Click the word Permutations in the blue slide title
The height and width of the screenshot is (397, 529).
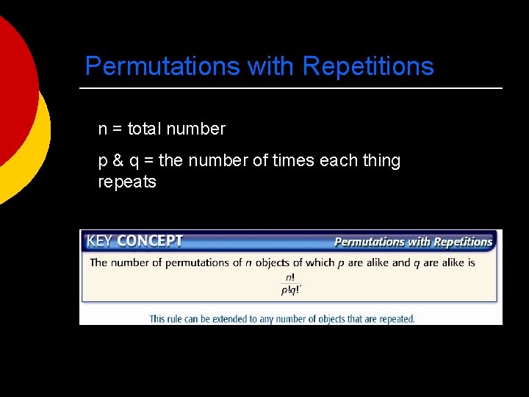tap(162, 67)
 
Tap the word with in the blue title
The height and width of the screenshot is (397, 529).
tap(271, 67)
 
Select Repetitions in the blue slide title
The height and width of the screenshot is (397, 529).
tap(368, 67)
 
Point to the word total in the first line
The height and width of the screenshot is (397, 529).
tap(145, 129)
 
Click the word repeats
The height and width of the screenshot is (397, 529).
tap(127, 182)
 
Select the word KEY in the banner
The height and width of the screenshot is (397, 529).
tap(100, 241)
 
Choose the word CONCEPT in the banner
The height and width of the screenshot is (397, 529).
tap(150, 241)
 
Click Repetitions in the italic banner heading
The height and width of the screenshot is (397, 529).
tap(462, 242)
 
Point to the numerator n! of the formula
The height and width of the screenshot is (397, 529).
tap(290, 277)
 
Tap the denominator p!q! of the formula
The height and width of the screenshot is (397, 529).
tap(290, 290)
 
